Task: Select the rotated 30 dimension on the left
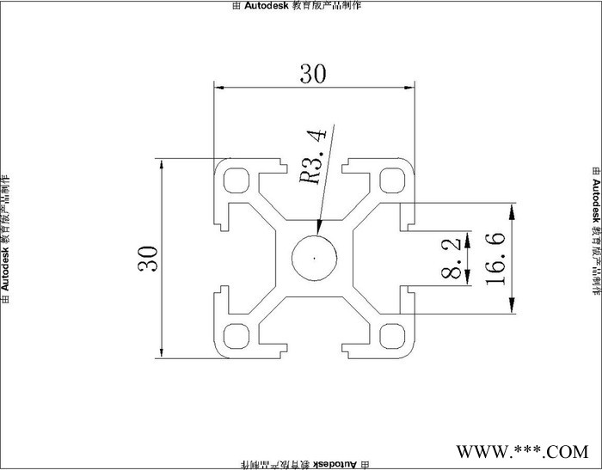click(x=149, y=258)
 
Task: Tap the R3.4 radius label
click(x=311, y=158)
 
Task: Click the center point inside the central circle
click(x=315, y=257)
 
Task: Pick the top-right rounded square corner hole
click(x=392, y=180)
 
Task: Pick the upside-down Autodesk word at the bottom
click(x=335, y=464)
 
